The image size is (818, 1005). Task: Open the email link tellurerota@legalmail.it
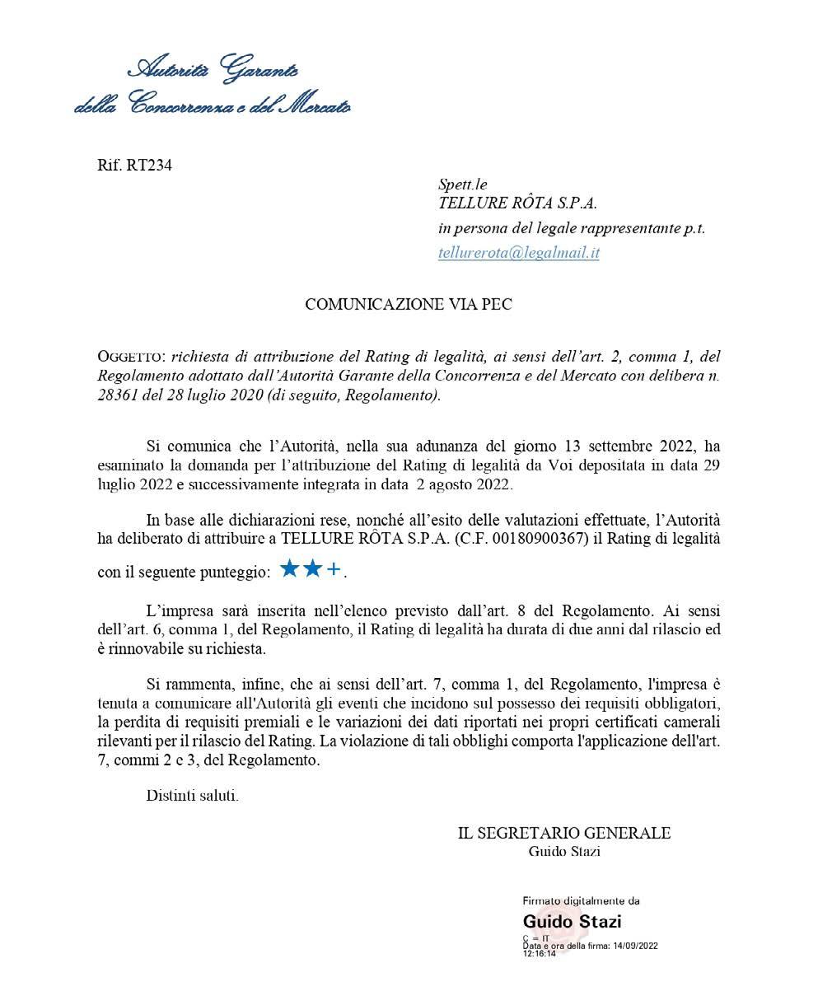518,253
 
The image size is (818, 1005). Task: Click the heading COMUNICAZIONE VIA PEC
409,304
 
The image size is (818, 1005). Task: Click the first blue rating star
289,569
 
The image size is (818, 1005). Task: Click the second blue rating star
311,569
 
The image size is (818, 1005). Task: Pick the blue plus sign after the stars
334,570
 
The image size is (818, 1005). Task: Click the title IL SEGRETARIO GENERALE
564,833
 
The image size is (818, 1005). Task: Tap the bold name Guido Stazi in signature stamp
572,921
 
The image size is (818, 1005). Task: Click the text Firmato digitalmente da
581,901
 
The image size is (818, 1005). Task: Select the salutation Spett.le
463,185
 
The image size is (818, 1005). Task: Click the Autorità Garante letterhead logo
213,86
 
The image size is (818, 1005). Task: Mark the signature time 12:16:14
539,954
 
